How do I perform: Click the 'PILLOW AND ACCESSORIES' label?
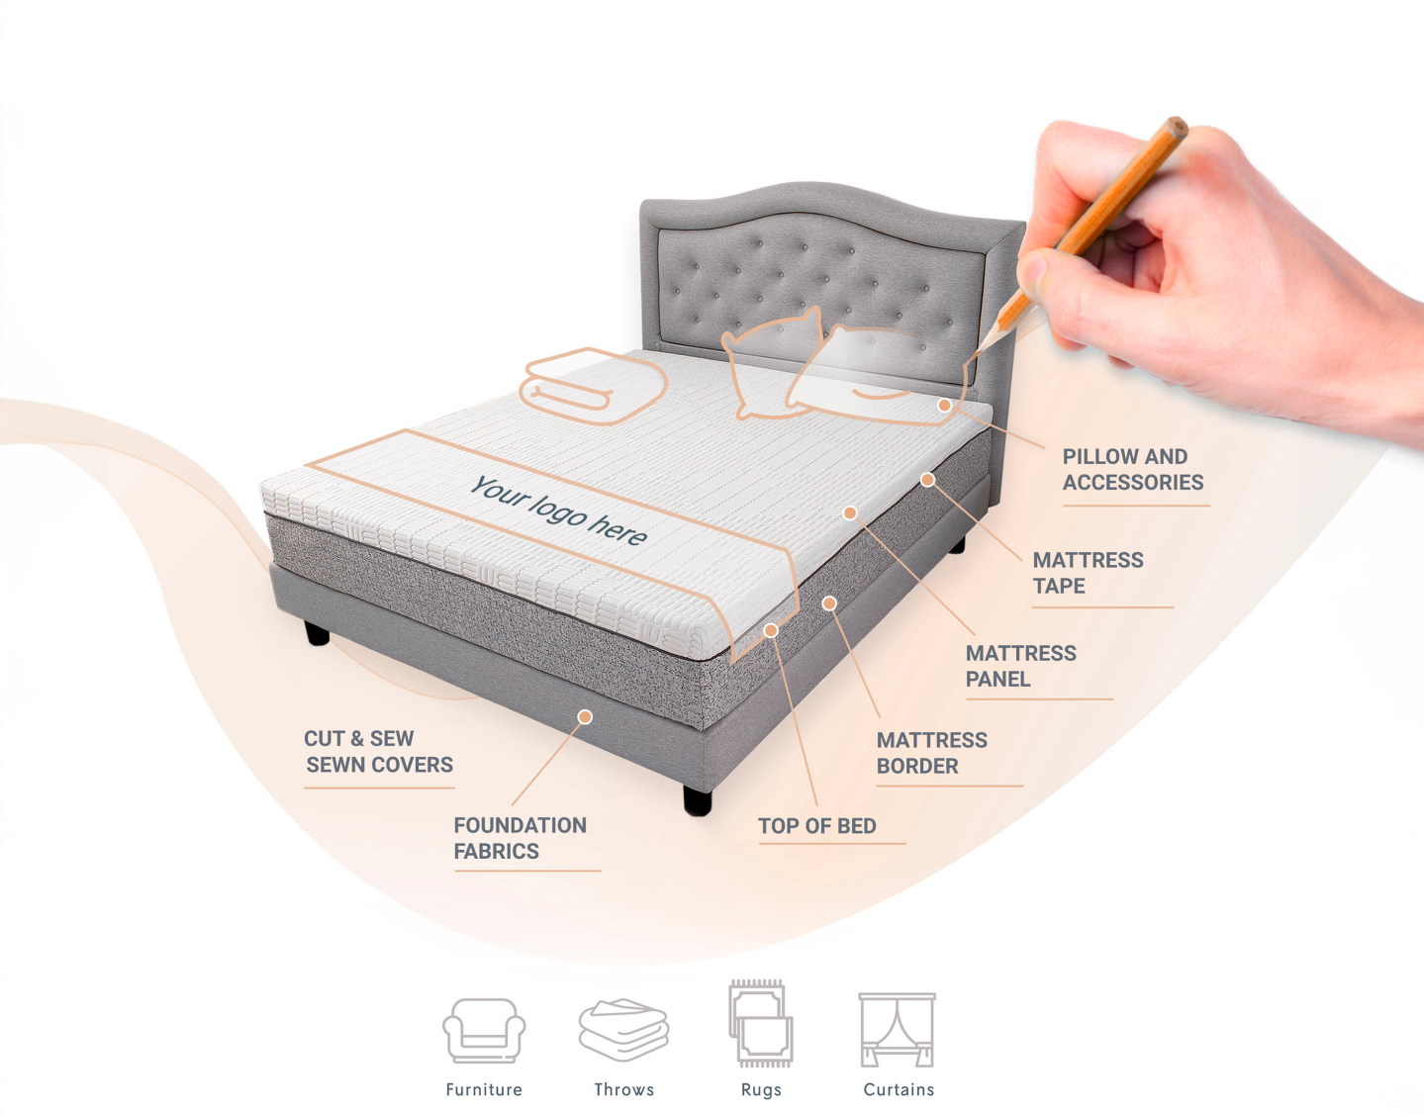(1132, 469)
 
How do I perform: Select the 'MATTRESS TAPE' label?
(1088, 573)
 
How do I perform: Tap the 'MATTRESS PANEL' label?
(1020, 666)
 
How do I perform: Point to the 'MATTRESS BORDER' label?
(931, 753)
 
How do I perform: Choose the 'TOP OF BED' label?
(817, 826)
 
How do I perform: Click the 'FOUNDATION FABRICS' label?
(520, 838)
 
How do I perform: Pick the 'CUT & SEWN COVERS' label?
(378, 752)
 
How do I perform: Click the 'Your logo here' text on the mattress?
(559, 511)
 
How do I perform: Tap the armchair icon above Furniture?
(484, 1031)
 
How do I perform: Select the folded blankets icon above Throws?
(623, 1030)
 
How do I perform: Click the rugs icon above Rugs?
(761, 1023)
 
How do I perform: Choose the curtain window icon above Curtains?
(898, 1030)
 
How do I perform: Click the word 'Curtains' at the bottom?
(899, 1089)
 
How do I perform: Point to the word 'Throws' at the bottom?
(623, 1089)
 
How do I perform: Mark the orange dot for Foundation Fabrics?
(585, 717)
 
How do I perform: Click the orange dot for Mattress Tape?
(927, 480)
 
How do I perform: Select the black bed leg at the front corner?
(698, 799)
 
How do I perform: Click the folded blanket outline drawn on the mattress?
(593, 387)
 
